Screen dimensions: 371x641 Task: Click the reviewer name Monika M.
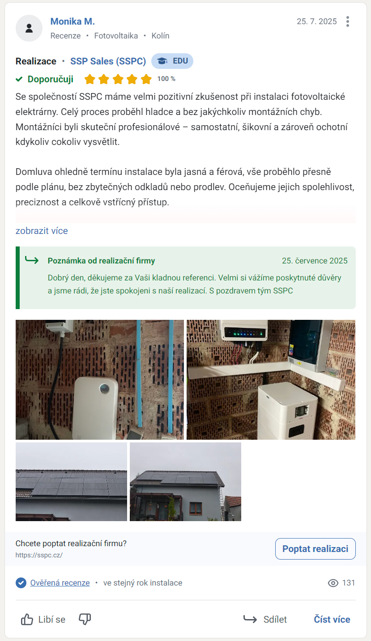(72, 21)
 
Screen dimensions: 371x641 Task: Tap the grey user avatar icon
(29, 28)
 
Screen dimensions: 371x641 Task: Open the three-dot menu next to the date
(348, 21)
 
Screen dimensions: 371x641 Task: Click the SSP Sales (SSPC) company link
(108, 61)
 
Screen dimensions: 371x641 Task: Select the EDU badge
(172, 61)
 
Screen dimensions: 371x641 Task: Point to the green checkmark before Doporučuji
(19, 79)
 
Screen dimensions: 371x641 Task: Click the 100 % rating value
(166, 79)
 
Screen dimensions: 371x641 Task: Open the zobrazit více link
(42, 231)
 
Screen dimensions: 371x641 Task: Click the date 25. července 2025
(315, 261)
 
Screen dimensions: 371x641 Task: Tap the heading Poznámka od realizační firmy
(101, 261)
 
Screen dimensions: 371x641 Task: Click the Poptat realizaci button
(315, 549)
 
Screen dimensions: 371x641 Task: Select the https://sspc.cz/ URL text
(39, 555)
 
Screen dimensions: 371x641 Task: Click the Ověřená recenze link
(60, 583)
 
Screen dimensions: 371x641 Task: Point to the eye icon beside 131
(333, 583)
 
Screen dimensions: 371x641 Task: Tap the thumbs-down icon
(85, 619)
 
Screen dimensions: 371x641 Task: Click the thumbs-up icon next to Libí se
(27, 620)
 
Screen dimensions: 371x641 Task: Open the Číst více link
(332, 619)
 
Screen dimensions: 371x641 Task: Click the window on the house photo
(196, 508)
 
